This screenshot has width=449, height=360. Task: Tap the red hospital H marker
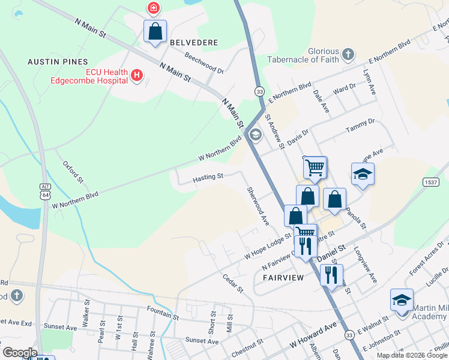point(137,75)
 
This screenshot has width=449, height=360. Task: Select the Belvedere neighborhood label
point(193,43)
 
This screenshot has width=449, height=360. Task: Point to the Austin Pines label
point(58,62)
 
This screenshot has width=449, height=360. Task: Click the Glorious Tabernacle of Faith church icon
point(348,56)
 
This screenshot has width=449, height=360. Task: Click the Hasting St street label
point(208,177)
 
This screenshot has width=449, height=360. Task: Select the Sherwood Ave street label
point(258,206)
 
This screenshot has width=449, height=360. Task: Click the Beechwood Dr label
point(204,64)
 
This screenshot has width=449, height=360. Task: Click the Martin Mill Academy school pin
point(402,300)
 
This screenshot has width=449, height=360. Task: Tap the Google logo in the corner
point(20,352)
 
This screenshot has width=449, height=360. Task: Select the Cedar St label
point(232,284)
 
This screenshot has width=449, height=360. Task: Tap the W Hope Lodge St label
point(267,247)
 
